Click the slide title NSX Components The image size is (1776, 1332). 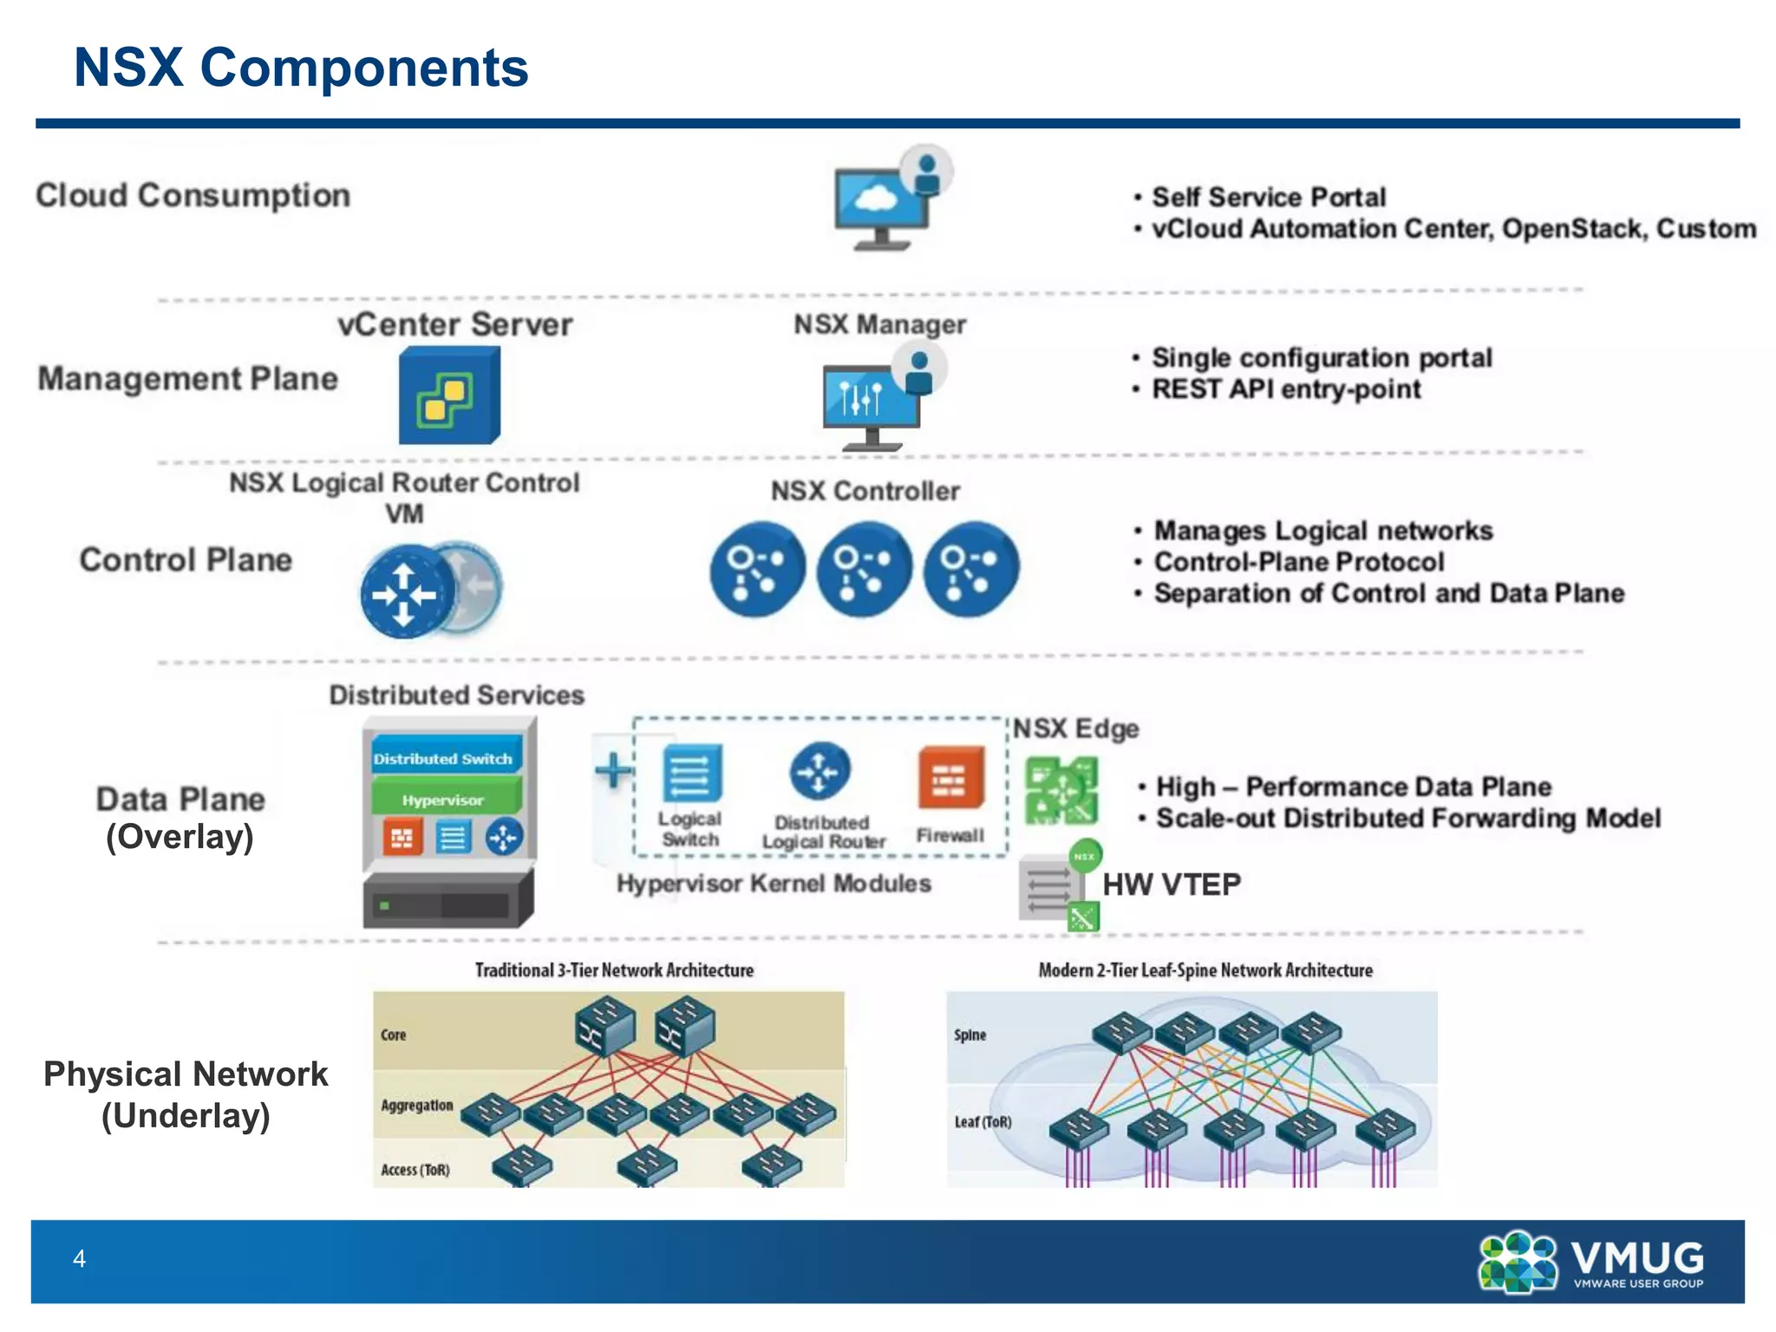[x=301, y=68]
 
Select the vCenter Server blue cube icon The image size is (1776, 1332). [x=448, y=395]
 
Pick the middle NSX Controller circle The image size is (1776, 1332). [x=864, y=569]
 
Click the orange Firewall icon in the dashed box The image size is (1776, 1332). [x=950, y=777]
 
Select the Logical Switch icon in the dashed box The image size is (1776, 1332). [x=691, y=774]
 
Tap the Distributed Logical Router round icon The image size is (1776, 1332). [x=819, y=771]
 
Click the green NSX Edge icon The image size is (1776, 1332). [x=1061, y=790]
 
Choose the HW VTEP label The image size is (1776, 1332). [x=1171, y=885]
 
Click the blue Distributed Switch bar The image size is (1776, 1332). [x=445, y=758]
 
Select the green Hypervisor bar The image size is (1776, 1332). [x=445, y=799]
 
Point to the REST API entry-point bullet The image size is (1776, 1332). [x=1285, y=389]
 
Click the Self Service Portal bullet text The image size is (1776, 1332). [x=1268, y=197]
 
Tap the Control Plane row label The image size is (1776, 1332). [x=186, y=560]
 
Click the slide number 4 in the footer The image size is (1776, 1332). [x=79, y=1258]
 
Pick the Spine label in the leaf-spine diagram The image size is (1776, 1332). [x=970, y=1035]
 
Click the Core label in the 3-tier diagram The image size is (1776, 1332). [x=393, y=1035]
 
